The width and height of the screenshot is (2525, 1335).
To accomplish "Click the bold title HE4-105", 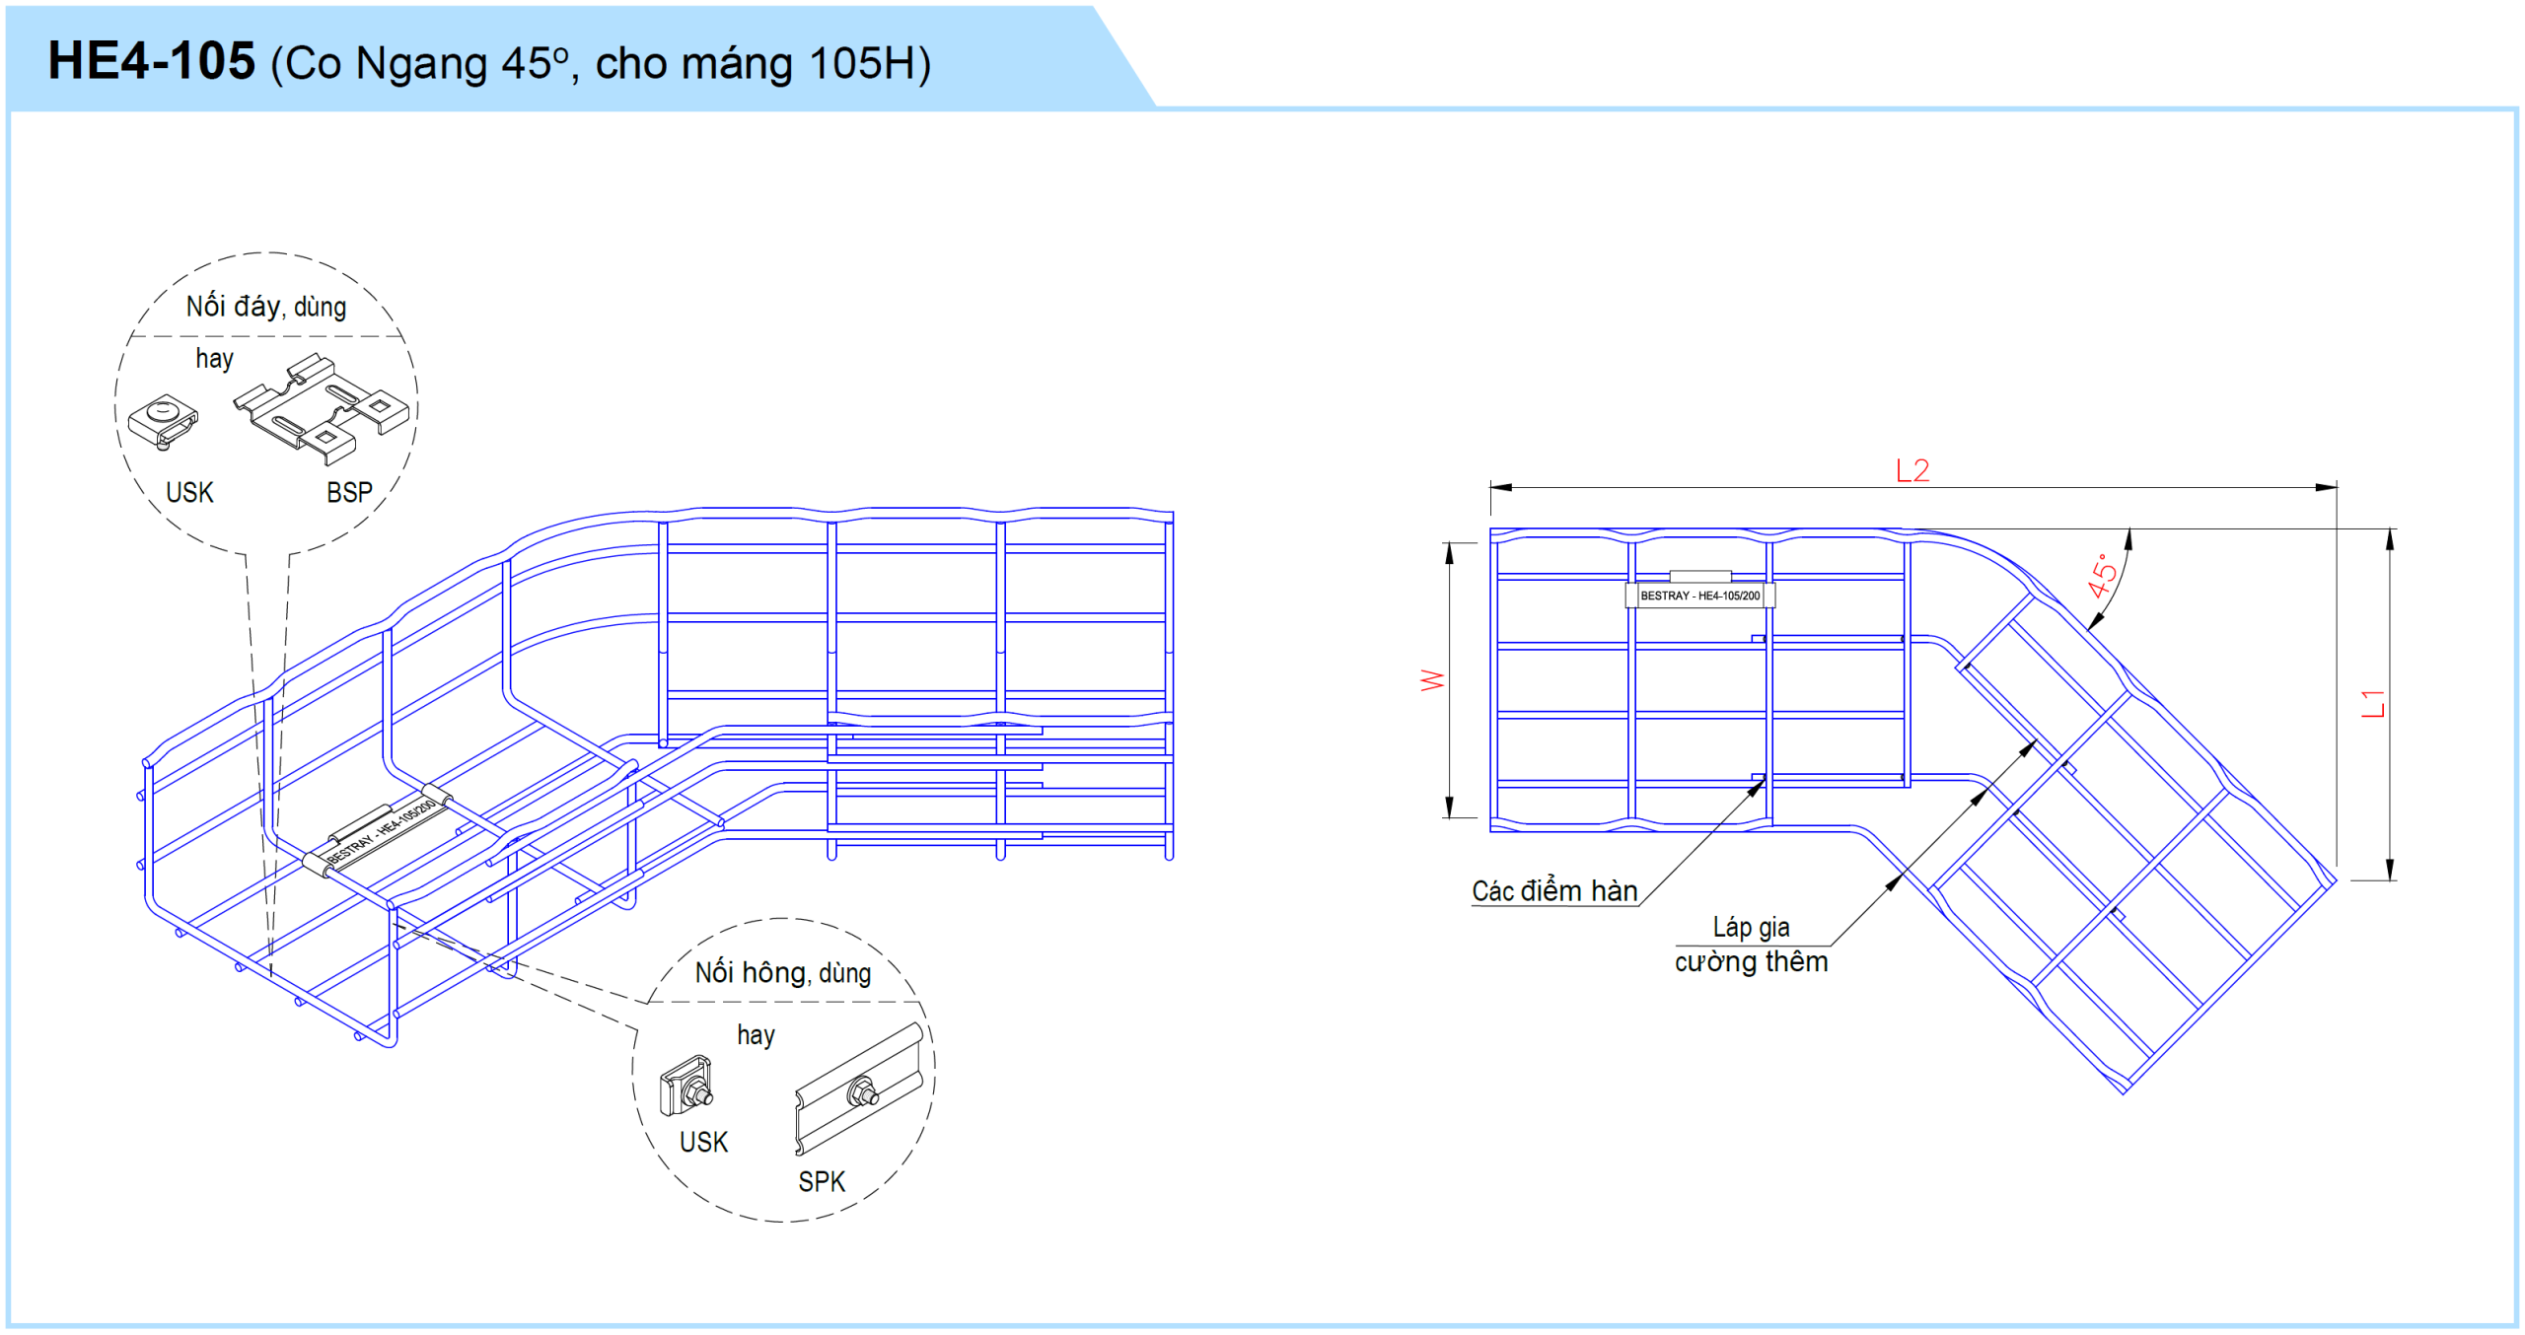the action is (x=152, y=61).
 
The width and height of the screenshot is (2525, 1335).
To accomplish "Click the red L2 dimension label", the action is (x=1912, y=470).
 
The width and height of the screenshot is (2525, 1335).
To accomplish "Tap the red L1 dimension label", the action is (x=2372, y=703).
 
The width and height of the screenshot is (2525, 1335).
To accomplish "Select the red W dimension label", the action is (x=1432, y=679).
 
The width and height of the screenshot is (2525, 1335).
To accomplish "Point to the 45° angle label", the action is (x=2102, y=576).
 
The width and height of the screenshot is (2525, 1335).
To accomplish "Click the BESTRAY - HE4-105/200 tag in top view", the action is (x=1699, y=596).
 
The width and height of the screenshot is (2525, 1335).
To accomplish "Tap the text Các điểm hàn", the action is (x=1554, y=890).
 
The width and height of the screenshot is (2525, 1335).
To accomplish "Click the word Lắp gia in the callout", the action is (x=1751, y=927).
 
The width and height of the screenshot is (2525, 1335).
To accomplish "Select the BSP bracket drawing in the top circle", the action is (x=322, y=407).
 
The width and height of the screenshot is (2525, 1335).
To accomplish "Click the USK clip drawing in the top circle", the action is (x=163, y=422).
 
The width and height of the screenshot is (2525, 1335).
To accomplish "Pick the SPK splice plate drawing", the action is (x=859, y=1089).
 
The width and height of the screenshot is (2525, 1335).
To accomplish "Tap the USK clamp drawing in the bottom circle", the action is (x=685, y=1086).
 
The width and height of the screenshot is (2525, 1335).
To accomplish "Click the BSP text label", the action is (x=349, y=492).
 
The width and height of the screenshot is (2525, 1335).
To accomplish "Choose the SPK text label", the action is (x=822, y=1181).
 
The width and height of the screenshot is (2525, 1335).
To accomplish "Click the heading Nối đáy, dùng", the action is (x=266, y=307).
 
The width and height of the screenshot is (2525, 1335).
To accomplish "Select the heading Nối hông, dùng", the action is (x=783, y=972).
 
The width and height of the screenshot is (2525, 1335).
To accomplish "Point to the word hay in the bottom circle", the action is (x=756, y=1034).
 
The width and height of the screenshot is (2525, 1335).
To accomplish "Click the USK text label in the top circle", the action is (x=189, y=492).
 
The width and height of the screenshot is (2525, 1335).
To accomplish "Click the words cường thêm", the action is (x=1751, y=961).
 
